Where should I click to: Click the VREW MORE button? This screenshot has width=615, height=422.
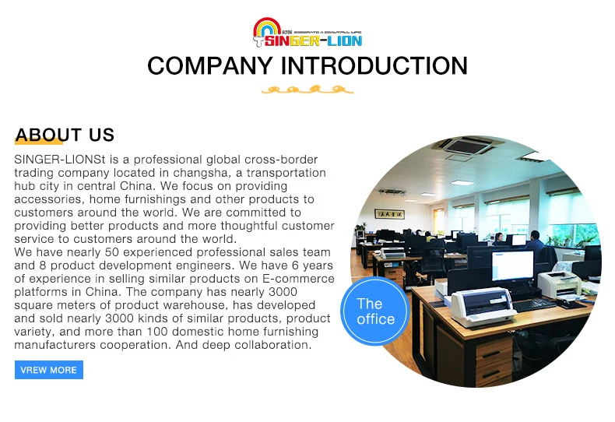coord(48,370)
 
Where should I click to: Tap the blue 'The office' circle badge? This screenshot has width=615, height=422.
coord(375,311)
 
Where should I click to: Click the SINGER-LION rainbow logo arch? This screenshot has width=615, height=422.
coord(267,26)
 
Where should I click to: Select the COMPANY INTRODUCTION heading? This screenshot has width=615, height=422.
coord(307,65)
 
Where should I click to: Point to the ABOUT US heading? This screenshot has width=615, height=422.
coord(65,135)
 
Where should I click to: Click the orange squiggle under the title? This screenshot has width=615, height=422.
coord(307,90)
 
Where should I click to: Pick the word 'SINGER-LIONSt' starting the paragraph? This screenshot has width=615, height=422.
coord(60,160)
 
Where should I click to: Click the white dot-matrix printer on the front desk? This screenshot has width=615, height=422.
coord(483,307)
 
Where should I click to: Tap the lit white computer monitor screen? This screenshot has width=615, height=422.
coord(513,266)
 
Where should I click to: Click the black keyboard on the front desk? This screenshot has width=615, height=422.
coord(534,304)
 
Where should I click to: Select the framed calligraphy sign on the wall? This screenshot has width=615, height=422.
coord(389,214)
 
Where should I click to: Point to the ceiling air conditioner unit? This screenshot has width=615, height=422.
coord(466,146)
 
